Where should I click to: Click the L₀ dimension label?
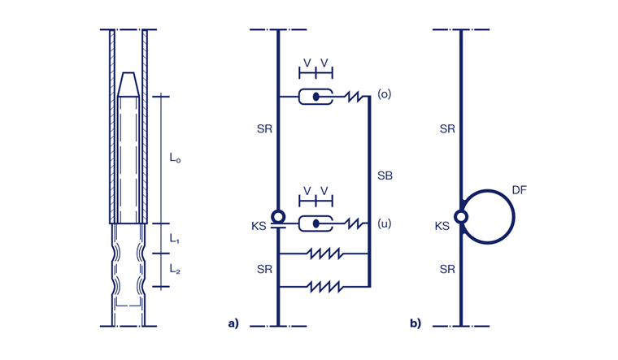[x=175, y=158]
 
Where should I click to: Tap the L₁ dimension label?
[x=175, y=239]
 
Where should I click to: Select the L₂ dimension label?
[x=175, y=268]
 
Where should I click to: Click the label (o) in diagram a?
[x=385, y=94]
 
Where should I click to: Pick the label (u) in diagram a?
[x=385, y=223]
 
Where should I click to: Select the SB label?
[x=385, y=176]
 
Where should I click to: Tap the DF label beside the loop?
[x=520, y=189]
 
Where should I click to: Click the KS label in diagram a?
[x=259, y=227]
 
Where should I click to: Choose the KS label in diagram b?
[x=442, y=227]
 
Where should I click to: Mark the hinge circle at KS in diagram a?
[x=278, y=217]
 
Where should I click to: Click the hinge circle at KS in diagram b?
[x=461, y=217]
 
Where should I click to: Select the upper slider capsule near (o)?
[x=316, y=97]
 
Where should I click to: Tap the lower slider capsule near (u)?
[x=316, y=223]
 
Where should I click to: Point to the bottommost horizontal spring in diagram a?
[x=325, y=286]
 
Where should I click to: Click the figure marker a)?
[x=233, y=323]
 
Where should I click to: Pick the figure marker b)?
[x=416, y=323]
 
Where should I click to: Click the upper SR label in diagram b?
[x=447, y=129]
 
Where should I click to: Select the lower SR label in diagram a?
[x=264, y=269]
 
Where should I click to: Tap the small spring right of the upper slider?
[x=354, y=97]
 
